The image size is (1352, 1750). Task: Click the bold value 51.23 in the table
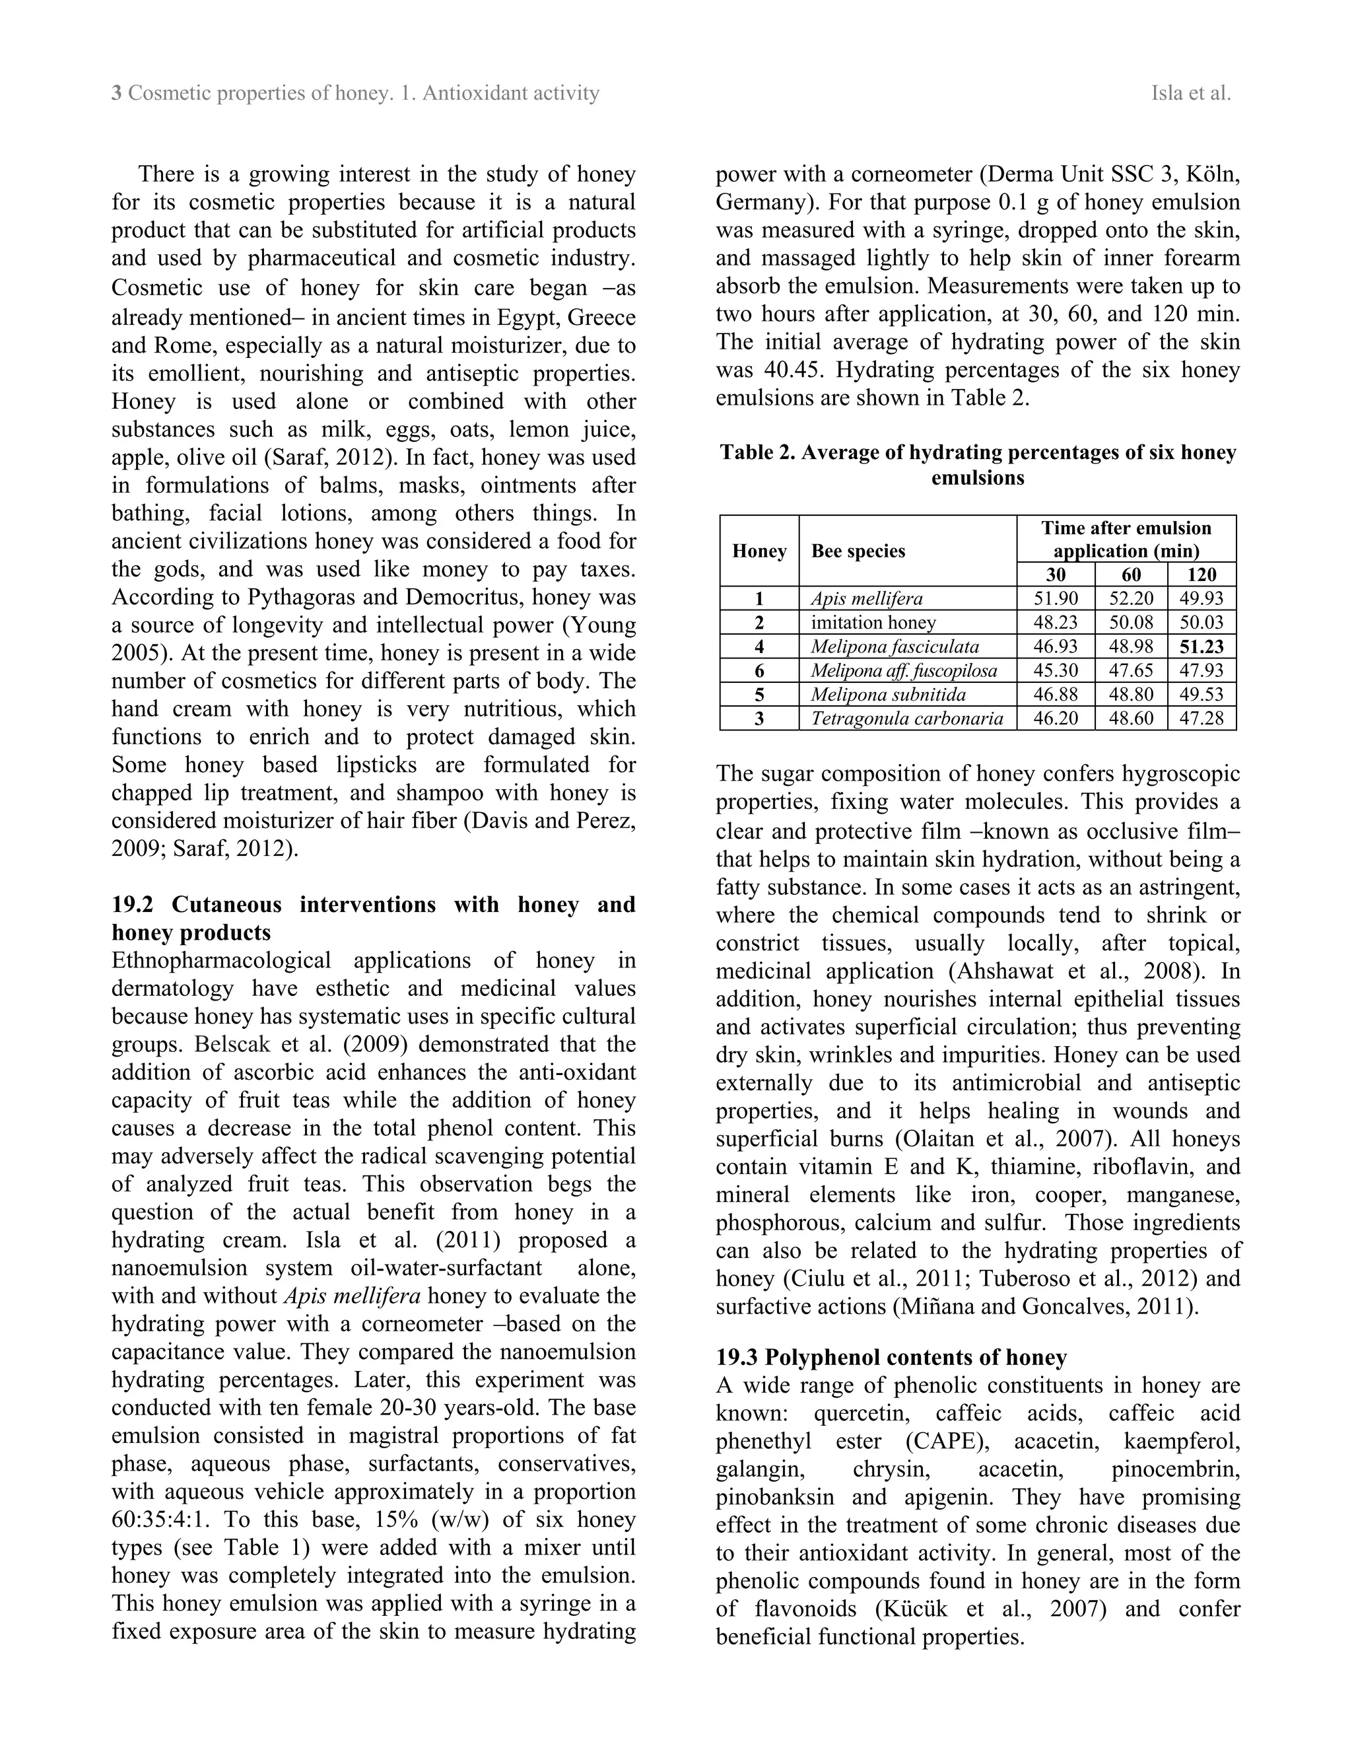click(x=1201, y=647)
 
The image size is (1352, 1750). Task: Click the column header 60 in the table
click(x=1131, y=575)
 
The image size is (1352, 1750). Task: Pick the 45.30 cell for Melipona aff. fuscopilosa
click(x=1056, y=671)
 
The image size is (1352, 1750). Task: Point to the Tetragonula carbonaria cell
click(x=906, y=718)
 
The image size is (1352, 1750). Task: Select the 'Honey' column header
click(x=759, y=551)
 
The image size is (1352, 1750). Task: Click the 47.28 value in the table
click(x=1201, y=718)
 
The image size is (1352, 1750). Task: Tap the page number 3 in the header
click(x=117, y=94)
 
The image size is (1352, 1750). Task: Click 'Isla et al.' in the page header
click(x=1190, y=94)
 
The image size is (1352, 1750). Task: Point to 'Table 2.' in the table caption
click(x=758, y=453)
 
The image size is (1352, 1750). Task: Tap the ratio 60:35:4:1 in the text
click(x=160, y=1520)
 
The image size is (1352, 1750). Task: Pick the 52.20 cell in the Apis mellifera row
click(x=1131, y=598)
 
